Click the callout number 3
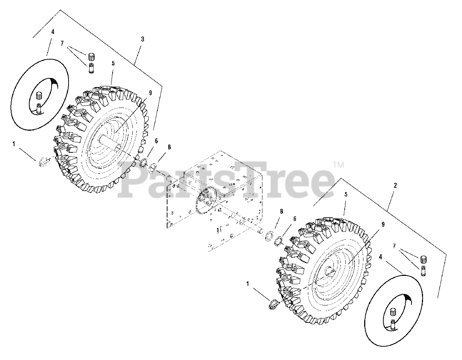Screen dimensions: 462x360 point(143,39)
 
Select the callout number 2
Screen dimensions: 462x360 point(395,186)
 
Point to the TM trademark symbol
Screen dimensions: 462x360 point(338,165)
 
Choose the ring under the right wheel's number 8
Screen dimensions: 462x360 point(269,237)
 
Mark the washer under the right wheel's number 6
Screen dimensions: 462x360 point(278,241)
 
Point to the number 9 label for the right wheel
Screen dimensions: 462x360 point(383,224)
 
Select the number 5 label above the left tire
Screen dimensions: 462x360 point(113,63)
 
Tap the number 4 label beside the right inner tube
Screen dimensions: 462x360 point(380,257)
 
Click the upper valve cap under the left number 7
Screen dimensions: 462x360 point(92,56)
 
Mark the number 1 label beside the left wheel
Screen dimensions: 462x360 point(14,144)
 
